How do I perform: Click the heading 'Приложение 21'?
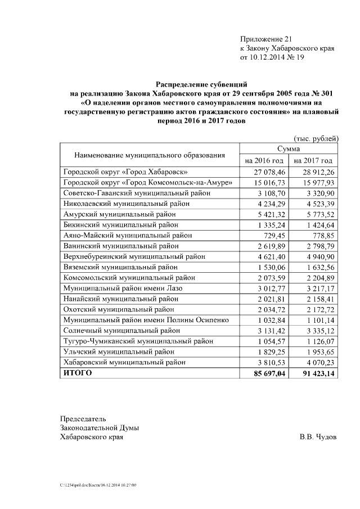click(267, 39)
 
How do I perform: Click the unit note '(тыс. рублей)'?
click(316, 137)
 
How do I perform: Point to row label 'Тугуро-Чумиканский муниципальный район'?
click(138, 341)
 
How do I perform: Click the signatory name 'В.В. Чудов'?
click(318, 436)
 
